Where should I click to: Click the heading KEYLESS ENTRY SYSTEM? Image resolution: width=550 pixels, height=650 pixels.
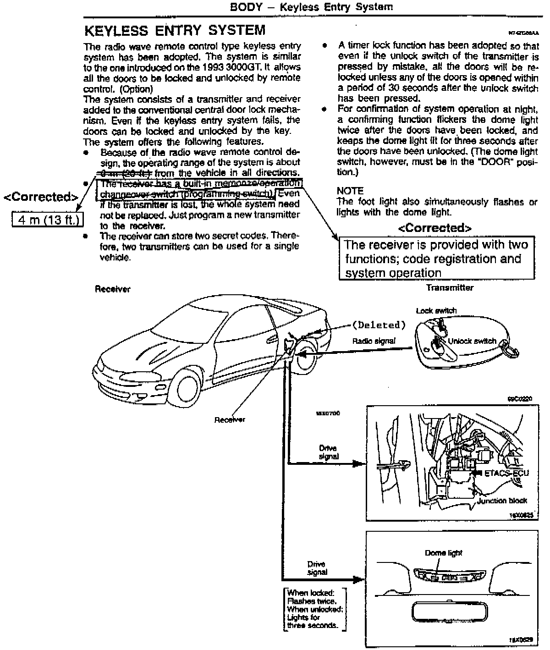[x=175, y=30]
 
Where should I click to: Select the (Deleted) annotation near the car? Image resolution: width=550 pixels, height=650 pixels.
[x=379, y=325]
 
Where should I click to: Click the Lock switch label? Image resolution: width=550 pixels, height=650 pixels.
[x=436, y=310]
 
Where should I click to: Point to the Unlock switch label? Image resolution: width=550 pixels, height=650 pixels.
[x=472, y=341]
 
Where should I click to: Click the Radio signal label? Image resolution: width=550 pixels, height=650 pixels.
[x=374, y=341]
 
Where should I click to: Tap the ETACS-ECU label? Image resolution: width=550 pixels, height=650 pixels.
[x=506, y=473]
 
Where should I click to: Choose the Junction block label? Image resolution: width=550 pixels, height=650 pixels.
[x=502, y=501]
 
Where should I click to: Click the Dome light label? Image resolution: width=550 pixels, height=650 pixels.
[x=443, y=553]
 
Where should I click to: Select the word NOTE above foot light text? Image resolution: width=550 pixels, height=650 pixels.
[x=350, y=191]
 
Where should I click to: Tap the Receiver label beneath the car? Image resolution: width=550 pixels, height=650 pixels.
[x=230, y=419]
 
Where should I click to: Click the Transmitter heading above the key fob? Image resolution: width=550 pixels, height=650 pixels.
[x=450, y=288]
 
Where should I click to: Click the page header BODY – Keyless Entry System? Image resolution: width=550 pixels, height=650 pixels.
[x=311, y=7]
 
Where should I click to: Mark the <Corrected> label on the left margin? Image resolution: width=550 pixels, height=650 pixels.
[x=41, y=197]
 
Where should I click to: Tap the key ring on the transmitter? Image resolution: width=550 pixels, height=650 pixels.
[x=511, y=350]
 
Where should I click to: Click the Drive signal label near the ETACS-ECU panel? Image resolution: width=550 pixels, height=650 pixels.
[x=329, y=452]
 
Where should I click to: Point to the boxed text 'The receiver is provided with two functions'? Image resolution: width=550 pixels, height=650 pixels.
[x=436, y=259]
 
